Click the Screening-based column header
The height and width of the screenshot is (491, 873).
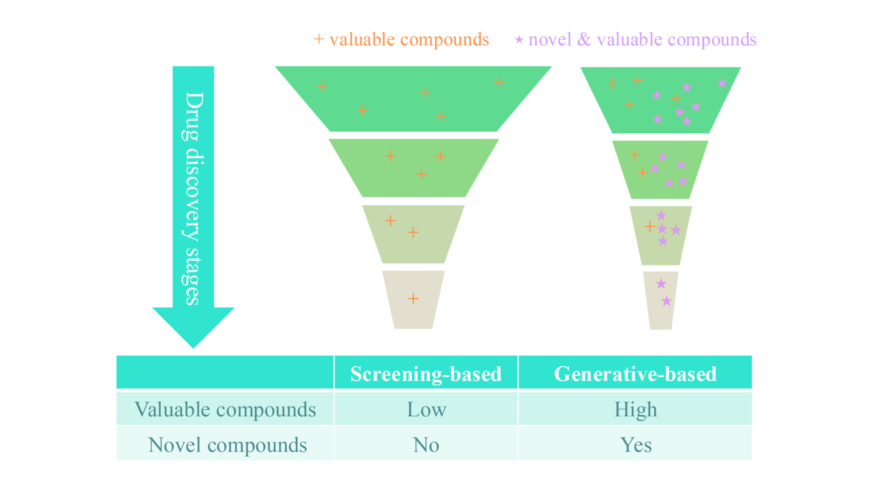(426, 374)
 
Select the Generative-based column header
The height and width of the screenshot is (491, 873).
(635, 374)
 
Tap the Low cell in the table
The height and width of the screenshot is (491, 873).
(426, 409)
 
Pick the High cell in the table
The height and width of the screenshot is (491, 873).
(635, 409)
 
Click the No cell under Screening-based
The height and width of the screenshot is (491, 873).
(426, 445)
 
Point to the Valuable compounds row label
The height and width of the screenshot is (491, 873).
(225, 409)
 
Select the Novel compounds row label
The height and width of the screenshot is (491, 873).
(227, 445)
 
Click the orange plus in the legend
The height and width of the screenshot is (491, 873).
(319, 39)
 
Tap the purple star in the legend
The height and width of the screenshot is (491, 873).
(519, 40)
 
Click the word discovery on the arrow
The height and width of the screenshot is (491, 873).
(193, 194)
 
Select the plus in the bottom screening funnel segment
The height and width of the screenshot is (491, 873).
(413, 299)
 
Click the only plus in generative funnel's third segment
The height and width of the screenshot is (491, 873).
(650, 227)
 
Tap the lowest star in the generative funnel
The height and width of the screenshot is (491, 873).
(667, 301)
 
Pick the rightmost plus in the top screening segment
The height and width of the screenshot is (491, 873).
(499, 82)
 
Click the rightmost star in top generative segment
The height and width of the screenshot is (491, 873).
(722, 83)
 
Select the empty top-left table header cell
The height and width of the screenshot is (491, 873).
(225, 372)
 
